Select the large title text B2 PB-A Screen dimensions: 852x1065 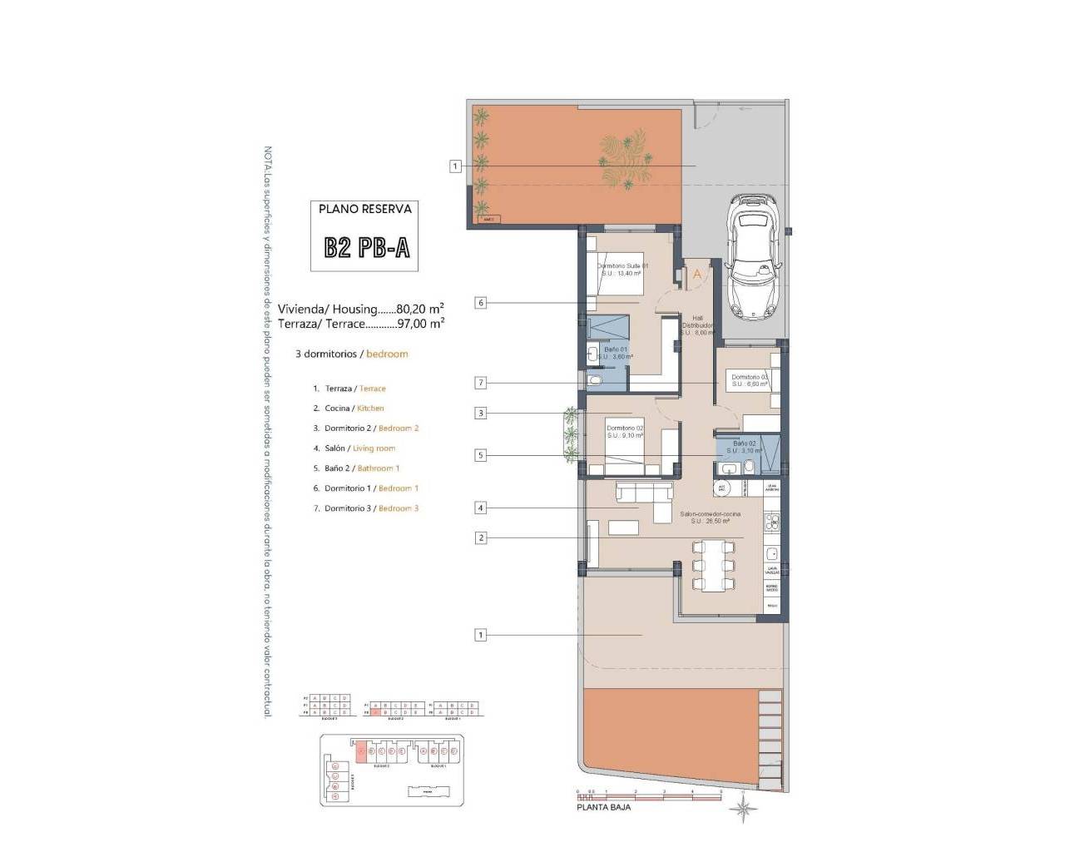point(366,247)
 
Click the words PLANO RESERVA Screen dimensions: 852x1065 point(364,209)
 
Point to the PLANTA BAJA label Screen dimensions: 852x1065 point(603,807)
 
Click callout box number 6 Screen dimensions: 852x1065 point(480,303)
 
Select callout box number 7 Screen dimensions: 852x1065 point(480,383)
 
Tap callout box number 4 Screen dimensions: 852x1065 point(480,508)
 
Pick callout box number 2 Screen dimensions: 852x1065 point(480,537)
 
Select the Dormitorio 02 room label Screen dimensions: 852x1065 point(625,432)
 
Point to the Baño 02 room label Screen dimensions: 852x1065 point(744,447)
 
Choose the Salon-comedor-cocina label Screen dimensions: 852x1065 point(710,518)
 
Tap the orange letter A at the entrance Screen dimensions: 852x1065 point(697,274)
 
